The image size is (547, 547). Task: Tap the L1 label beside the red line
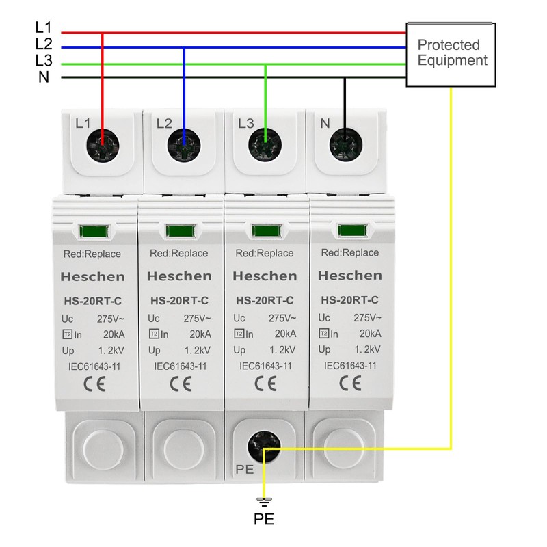(x=43, y=28)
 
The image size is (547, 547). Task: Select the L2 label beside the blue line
(x=43, y=44)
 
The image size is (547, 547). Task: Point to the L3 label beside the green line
(x=43, y=60)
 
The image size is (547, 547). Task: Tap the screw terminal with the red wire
(x=102, y=144)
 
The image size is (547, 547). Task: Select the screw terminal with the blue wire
(x=184, y=144)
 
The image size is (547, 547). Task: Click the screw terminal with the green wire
(x=265, y=144)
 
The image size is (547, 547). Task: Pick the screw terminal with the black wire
(x=345, y=144)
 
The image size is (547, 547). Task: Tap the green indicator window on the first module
(x=93, y=231)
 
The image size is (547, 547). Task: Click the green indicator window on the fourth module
(x=349, y=230)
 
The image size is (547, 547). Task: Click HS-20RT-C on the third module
(x=265, y=299)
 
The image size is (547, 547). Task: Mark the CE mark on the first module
(x=92, y=384)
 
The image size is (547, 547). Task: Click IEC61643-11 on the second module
(x=181, y=366)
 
